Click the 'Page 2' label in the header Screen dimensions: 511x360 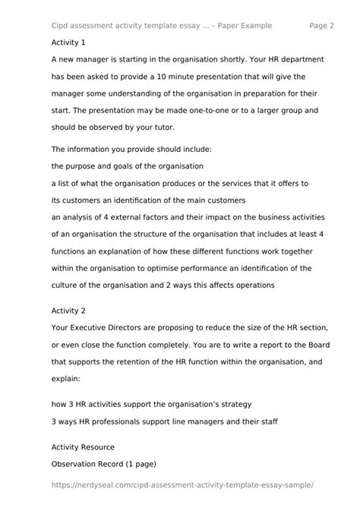[322, 25]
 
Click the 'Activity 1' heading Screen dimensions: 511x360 [68, 43]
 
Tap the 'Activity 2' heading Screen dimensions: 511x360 [68, 311]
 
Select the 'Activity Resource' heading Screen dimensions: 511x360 [83, 447]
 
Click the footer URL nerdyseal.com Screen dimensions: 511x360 [182, 484]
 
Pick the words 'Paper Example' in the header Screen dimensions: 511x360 [238, 25]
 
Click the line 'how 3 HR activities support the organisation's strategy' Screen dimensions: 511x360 [151, 403]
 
